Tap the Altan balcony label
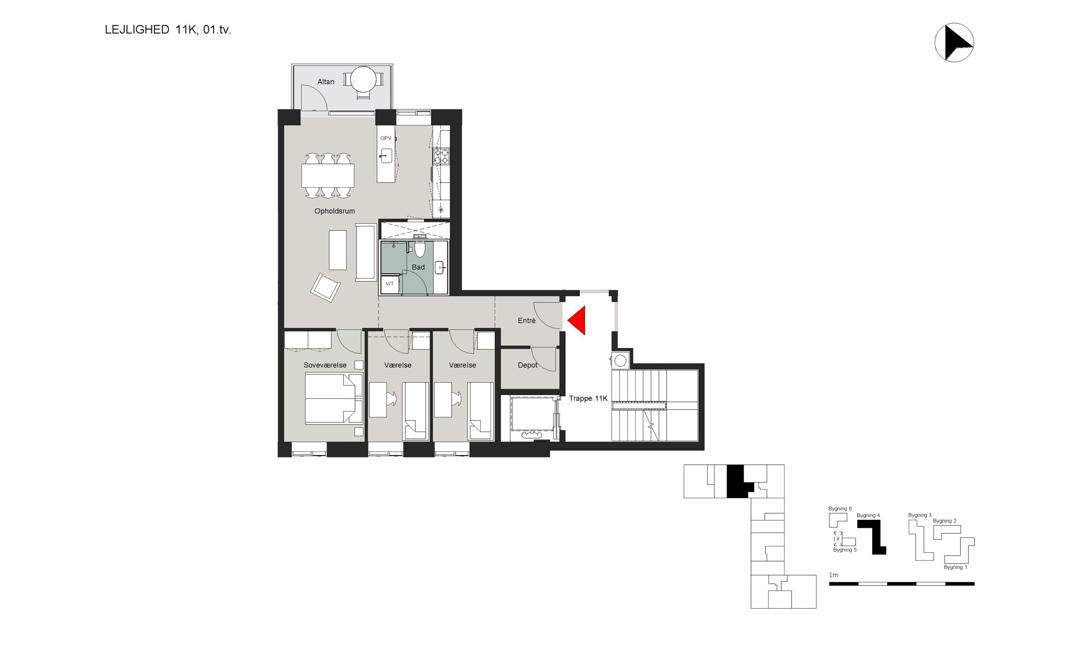pyautogui.click(x=326, y=82)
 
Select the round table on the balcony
pyautogui.click(x=363, y=79)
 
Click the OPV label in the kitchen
pyautogui.click(x=386, y=138)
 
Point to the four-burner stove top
pyautogui.click(x=441, y=156)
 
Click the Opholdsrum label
pyautogui.click(x=335, y=211)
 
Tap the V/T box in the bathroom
pyautogui.click(x=390, y=284)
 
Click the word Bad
pyautogui.click(x=418, y=267)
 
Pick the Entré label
pyautogui.click(x=526, y=321)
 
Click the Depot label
pyautogui.click(x=527, y=365)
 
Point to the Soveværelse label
pyautogui.click(x=325, y=365)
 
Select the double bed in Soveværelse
pyautogui.click(x=334, y=398)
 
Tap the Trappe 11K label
pyautogui.click(x=588, y=398)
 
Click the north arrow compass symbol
pyautogui.click(x=954, y=42)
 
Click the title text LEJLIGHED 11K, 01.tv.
pyautogui.click(x=168, y=29)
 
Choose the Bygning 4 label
pyautogui.click(x=868, y=515)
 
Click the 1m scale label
pyautogui.click(x=833, y=575)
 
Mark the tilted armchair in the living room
pyautogui.click(x=326, y=287)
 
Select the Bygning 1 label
pyautogui.click(x=955, y=567)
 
